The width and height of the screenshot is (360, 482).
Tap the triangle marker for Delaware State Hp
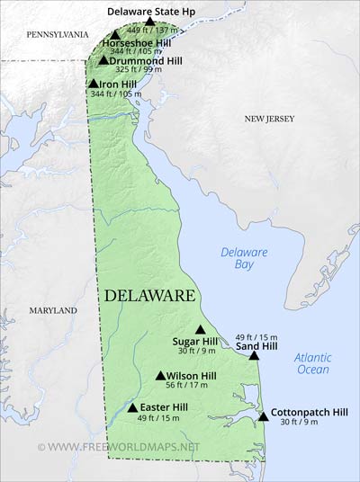[x=150, y=21]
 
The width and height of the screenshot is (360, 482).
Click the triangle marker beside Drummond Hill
[x=103, y=60]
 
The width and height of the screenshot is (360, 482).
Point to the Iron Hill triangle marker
[x=93, y=84]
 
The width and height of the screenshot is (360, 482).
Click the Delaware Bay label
[x=244, y=259]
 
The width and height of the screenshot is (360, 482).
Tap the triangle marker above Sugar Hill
[x=200, y=329]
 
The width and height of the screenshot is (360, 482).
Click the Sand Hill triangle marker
[x=254, y=356]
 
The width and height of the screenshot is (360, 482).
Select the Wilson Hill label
[x=191, y=376]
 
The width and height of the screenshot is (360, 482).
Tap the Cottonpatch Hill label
[x=309, y=412]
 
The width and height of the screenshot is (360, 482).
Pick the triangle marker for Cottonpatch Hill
[x=263, y=416]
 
